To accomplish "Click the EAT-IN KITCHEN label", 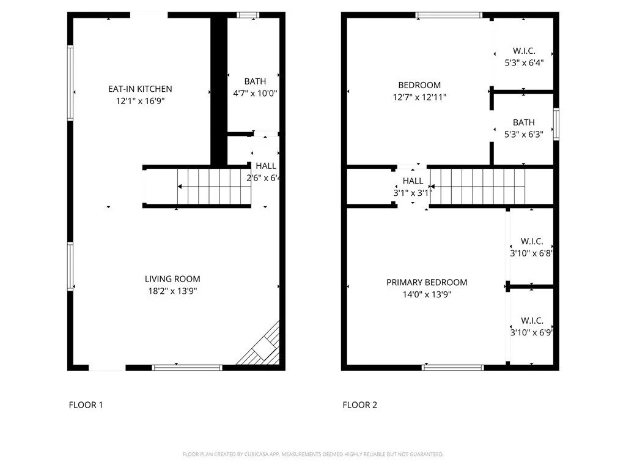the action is [140, 89].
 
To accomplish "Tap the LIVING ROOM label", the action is [172, 279].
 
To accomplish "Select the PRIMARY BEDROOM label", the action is [427, 283].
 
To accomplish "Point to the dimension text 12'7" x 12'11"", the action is [419, 97].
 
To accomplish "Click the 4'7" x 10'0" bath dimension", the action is [255, 94].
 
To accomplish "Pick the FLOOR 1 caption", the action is [86, 405].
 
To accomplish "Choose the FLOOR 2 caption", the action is [359, 405].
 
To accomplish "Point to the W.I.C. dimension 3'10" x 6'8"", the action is [532, 253].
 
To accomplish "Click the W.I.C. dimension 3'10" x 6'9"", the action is [532, 332].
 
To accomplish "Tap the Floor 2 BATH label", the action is [524, 122].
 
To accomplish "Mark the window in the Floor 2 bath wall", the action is [556, 124].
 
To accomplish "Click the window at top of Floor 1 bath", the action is [248, 15].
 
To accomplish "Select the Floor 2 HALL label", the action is [413, 181].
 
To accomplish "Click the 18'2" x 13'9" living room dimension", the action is [172, 291].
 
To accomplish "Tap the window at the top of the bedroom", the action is [449, 15].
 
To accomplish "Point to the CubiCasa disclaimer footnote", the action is [313, 455].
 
